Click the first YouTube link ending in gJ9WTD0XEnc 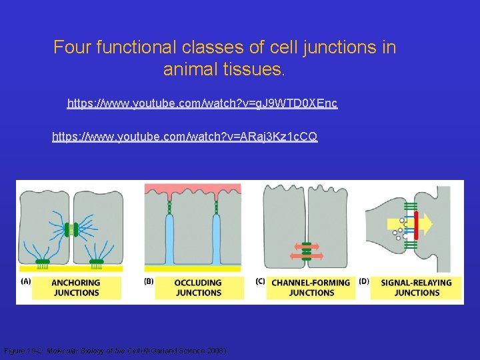(x=202, y=103)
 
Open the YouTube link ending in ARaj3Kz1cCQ (x=185, y=137)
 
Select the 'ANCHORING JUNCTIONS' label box (x=77, y=287)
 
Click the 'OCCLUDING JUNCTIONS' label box (x=198, y=287)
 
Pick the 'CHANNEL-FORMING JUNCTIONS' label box (x=311, y=287)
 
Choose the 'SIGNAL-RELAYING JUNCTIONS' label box (x=417, y=287)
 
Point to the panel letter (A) (x=26, y=281)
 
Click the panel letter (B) (x=149, y=281)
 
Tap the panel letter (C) (x=261, y=281)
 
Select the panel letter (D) (x=364, y=281)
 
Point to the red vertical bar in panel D (x=416, y=225)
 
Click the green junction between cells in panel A (x=71, y=229)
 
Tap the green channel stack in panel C (x=307, y=251)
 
